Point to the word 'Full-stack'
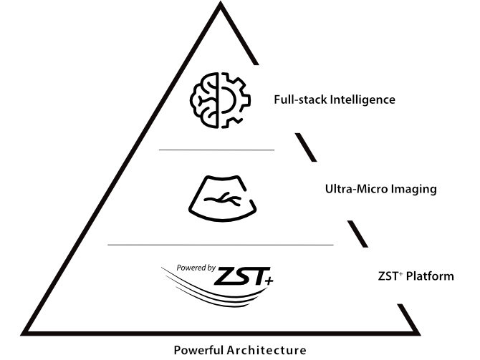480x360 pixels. point(300,100)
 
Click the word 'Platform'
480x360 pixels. point(431,276)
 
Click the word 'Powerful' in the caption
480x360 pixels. point(200,350)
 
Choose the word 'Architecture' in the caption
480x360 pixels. point(267,350)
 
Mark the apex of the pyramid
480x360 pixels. point(219,6)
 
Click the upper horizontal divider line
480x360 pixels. point(216,150)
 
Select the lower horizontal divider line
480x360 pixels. point(220,245)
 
